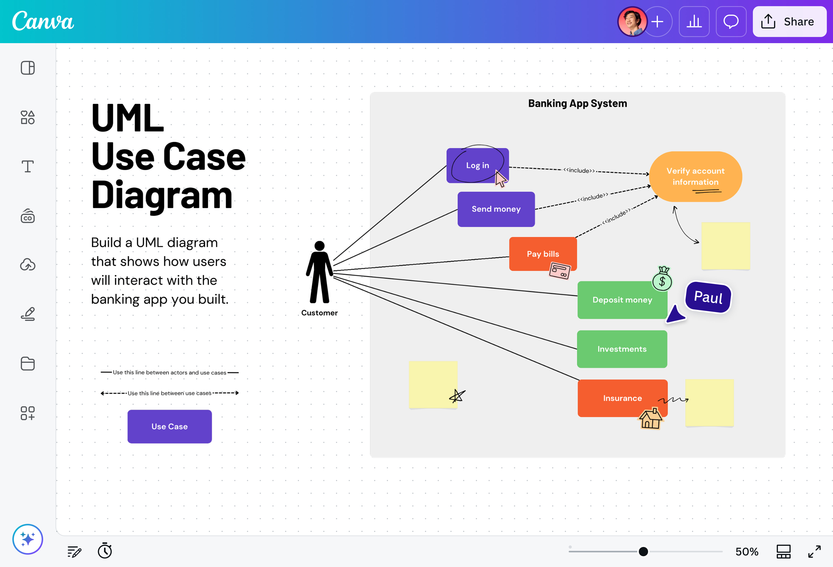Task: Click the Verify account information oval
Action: point(695,176)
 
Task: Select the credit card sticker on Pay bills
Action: point(559,271)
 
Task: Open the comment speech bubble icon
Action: point(731,22)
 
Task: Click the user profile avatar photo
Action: point(632,22)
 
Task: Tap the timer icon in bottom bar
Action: point(105,551)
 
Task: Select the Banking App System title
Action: point(577,104)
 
